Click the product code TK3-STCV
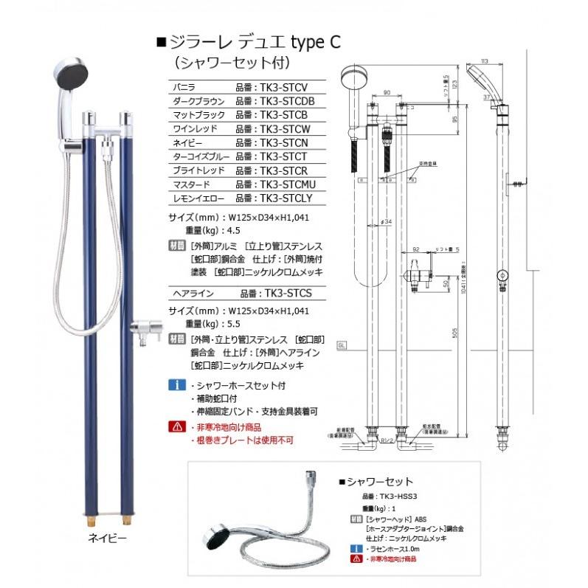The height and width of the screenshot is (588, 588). point(282,87)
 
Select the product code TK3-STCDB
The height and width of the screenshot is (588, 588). point(286,101)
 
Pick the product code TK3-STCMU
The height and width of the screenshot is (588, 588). point(288,184)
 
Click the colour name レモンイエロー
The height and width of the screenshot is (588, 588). point(198,198)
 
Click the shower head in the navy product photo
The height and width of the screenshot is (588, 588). point(72,75)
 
